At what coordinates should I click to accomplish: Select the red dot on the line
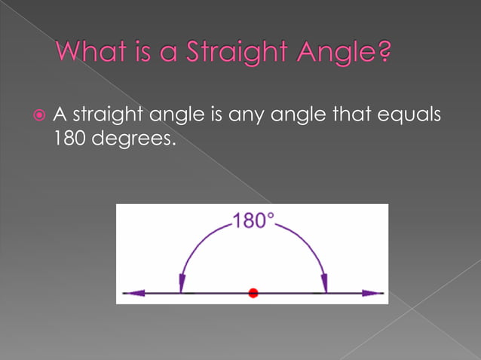[x=253, y=292]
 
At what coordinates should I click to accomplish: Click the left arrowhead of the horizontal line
[x=133, y=292]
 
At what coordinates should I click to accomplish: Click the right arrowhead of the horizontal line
[x=372, y=292]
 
